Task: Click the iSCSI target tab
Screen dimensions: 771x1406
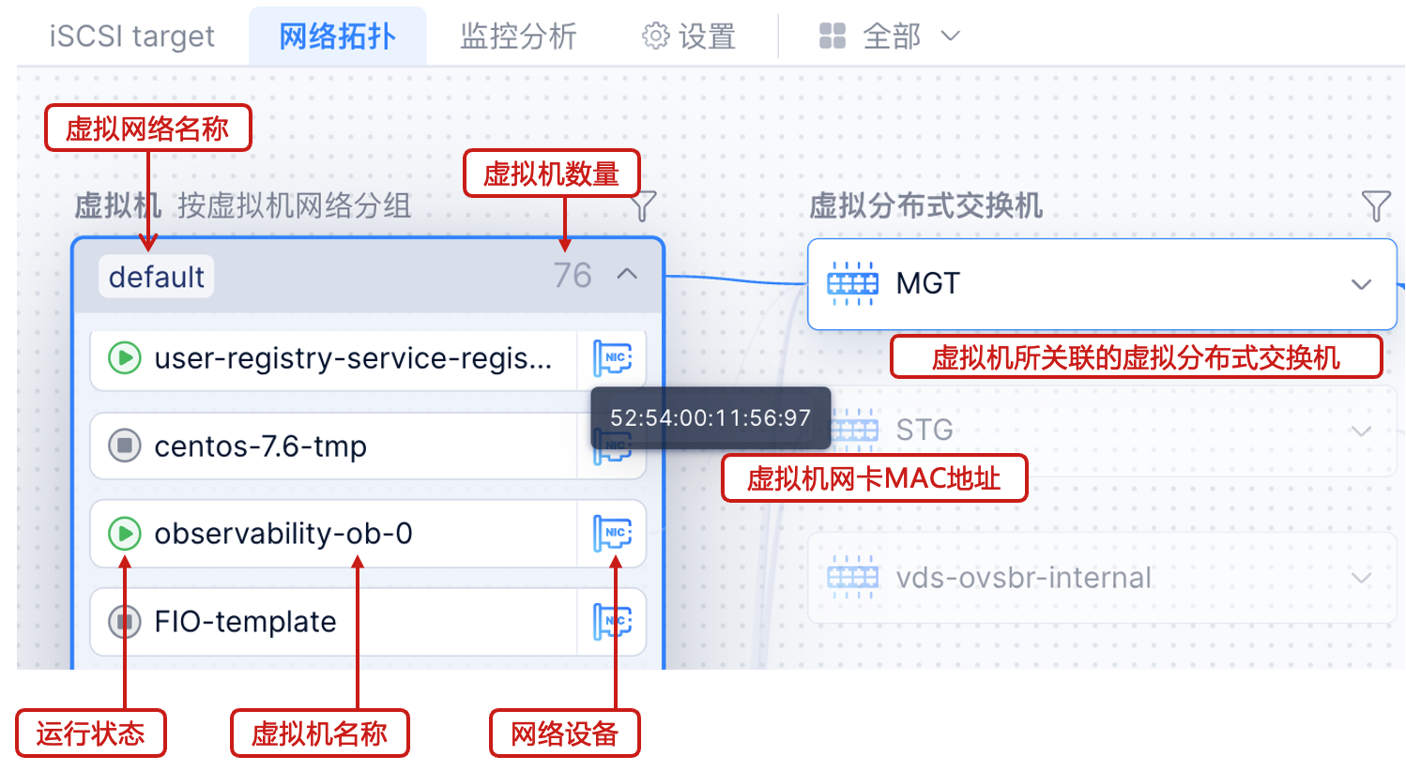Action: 131,37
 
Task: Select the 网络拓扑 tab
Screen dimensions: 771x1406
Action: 337,37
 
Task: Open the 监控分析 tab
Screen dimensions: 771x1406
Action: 518,37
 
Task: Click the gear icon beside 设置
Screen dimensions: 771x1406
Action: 655,37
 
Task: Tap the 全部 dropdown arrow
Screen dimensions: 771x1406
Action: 951,37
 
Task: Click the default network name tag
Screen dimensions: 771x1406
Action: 156,277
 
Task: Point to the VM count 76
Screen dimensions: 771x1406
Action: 572,276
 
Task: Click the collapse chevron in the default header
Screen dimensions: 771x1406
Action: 627,275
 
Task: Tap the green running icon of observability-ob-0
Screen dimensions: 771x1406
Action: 124,534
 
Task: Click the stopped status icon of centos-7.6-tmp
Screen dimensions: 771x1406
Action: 124,446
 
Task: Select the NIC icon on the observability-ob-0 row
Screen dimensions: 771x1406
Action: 613,534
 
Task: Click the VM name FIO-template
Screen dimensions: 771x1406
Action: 245,622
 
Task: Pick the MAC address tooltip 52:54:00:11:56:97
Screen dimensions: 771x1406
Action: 711,417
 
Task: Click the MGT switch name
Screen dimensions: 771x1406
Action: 927,283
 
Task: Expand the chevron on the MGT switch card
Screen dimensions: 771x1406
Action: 1361,284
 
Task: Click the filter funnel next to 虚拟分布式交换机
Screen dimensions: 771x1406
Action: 1375,205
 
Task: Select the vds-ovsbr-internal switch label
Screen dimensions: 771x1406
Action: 1023,578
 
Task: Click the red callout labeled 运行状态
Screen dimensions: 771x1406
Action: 91,733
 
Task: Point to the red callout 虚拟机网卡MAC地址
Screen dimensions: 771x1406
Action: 874,478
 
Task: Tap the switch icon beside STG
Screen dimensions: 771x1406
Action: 852,431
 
